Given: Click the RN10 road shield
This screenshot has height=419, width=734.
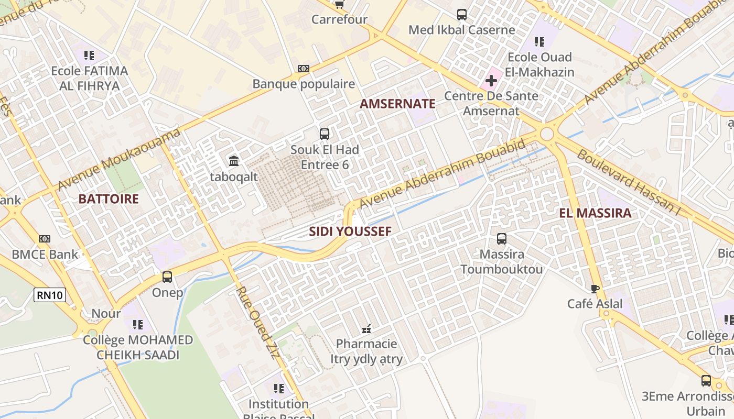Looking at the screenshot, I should click(50, 295).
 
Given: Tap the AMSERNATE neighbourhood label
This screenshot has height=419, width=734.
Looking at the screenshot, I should click(397, 104).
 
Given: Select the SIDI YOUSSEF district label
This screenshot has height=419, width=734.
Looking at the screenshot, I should click(350, 231).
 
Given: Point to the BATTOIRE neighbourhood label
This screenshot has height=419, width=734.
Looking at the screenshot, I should click(109, 199).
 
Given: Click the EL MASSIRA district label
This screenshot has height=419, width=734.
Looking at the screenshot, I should click(595, 213).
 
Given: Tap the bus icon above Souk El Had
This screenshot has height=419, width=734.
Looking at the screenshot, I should click(325, 134).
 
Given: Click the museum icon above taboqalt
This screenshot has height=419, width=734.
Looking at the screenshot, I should click(234, 160).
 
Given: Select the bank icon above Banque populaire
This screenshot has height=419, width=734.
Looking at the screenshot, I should click(304, 69).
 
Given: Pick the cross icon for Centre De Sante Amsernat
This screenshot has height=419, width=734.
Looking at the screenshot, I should click(491, 81).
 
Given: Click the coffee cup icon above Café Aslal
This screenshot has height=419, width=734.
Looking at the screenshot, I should click(595, 289).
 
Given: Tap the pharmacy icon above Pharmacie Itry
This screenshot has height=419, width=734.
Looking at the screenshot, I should click(366, 329).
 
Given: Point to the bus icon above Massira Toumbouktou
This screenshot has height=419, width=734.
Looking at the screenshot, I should click(501, 239).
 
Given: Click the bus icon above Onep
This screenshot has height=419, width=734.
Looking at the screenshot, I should click(167, 277).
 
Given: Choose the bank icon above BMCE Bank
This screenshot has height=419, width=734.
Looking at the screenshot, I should click(45, 239).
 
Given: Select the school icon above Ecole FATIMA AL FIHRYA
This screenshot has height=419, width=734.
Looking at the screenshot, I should click(89, 55).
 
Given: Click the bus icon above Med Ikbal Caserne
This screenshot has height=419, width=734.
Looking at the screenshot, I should click(461, 15).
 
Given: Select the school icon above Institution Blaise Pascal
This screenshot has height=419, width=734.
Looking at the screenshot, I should click(278, 389).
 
